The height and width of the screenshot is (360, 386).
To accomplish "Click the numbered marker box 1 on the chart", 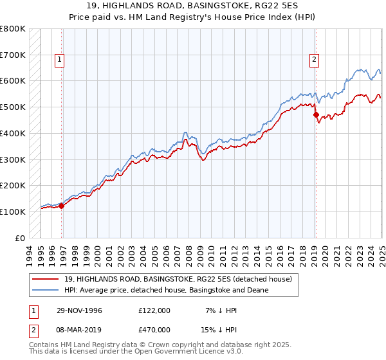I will [x=59, y=60].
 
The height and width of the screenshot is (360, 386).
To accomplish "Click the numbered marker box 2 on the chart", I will [x=314, y=60].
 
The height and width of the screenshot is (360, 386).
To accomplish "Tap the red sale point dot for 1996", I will [x=62, y=206].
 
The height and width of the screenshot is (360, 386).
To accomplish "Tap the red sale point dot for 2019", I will [x=316, y=115].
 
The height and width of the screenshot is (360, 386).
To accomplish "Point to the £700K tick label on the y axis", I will [x=13, y=55].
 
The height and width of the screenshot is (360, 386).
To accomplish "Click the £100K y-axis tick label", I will [x=13, y=212].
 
